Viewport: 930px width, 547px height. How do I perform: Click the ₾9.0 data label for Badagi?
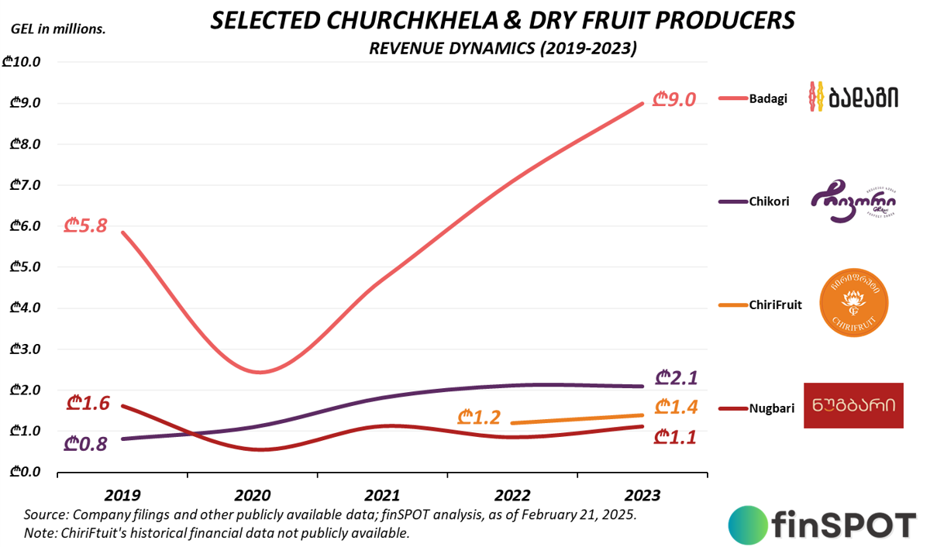click(674, 100)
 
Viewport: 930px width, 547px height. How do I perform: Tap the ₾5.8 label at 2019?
click(85, 227)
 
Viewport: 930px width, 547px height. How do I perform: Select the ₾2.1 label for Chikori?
click(677, 378)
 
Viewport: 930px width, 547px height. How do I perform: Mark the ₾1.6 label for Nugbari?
click(88, 404)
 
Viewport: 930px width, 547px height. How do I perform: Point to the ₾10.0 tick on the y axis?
click(26, 62)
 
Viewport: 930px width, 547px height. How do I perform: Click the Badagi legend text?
click(768, 98)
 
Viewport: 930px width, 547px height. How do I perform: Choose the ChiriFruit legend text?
click(776, 305)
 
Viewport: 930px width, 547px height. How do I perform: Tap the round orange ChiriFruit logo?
click(852, 303)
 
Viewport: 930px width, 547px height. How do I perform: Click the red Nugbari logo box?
click(853, 405)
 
